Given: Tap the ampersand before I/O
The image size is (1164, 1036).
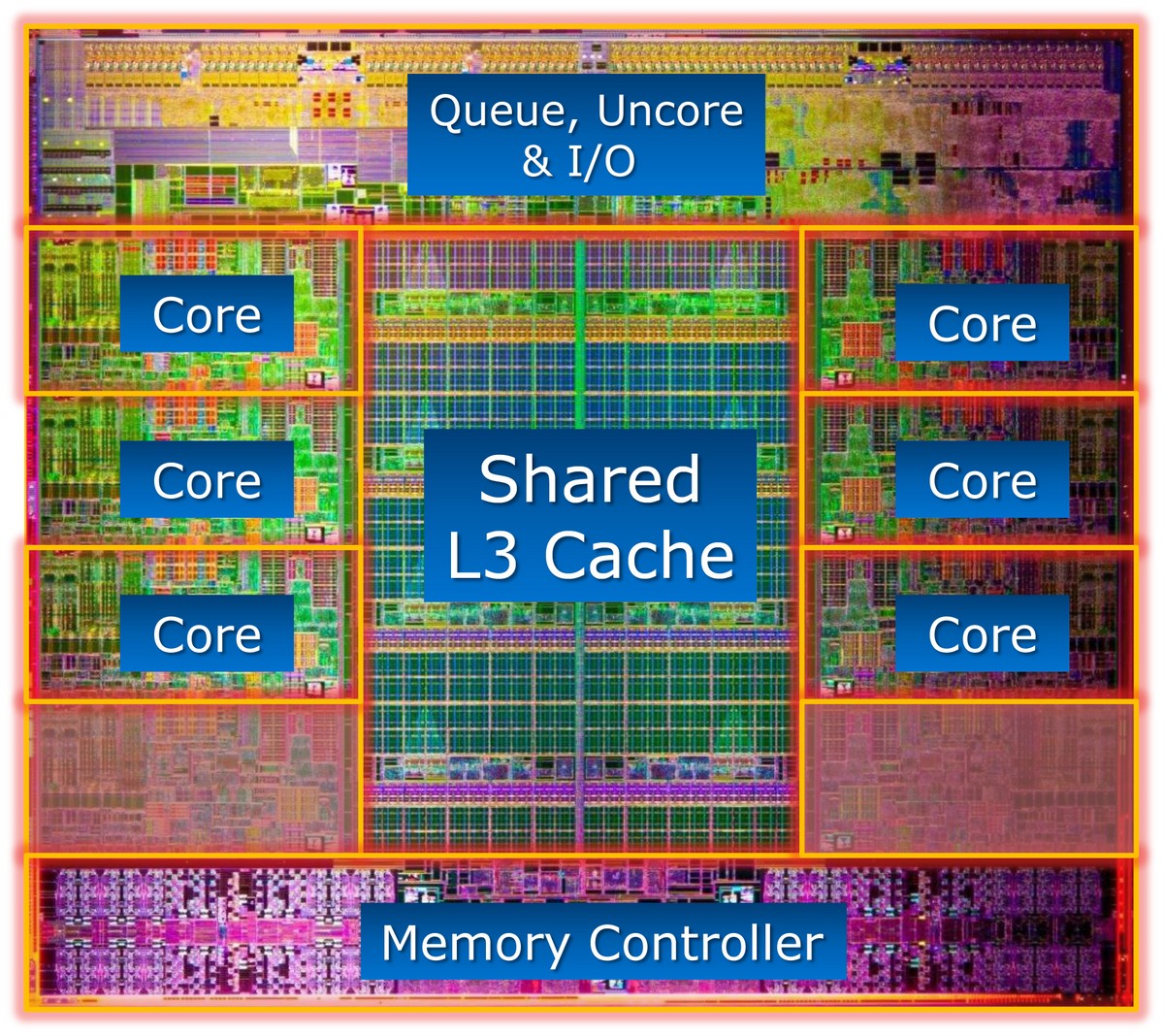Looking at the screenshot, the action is [536, 160].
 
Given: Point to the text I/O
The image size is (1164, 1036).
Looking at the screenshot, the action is [601, 161].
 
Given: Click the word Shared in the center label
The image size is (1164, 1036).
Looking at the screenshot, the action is [590, 478].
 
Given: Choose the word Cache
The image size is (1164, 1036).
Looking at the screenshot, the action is [639, 554].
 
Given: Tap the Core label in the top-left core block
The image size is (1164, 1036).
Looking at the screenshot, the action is [207, 315].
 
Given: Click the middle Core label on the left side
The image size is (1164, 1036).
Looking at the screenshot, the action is [207, 480].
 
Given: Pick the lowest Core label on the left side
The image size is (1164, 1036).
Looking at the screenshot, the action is [207, 634].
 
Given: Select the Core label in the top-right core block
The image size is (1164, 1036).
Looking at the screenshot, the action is [983, 324].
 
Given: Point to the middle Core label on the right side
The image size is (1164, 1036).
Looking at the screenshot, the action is [983, 480].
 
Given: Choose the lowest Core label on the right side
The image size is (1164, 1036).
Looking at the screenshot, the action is [983, 634].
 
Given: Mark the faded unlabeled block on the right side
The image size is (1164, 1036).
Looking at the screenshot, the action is [969, 777].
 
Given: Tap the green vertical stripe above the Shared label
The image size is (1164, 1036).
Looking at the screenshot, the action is [580, 335].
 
